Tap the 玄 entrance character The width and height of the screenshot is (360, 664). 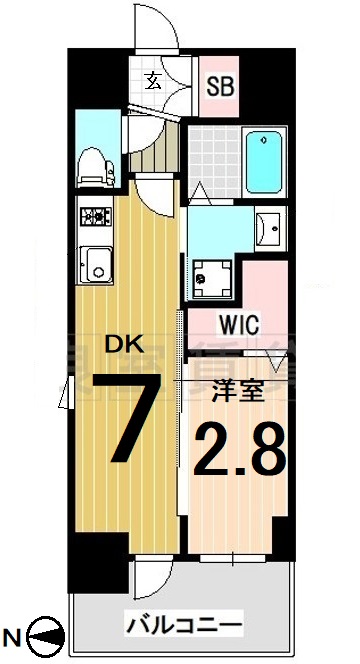(158, 82)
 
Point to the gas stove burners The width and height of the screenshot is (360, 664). (98, 215)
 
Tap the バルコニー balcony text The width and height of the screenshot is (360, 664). (183, 626)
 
